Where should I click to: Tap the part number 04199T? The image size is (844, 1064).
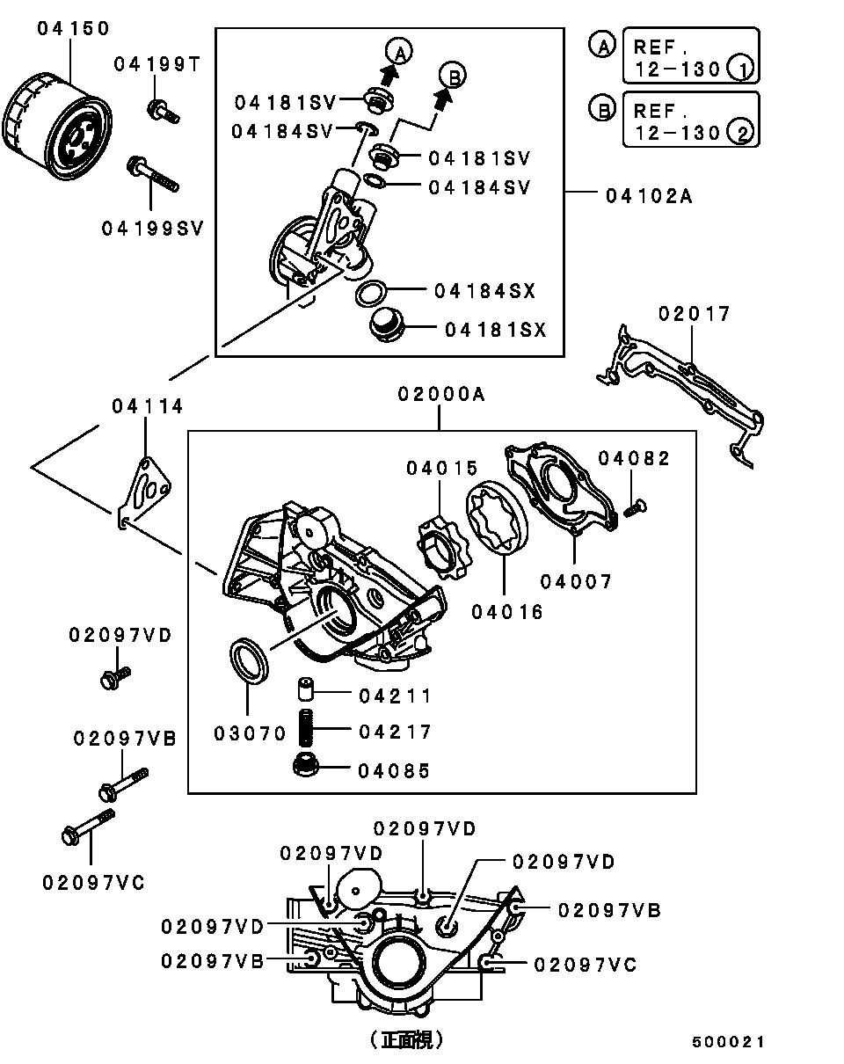[x=157, y=63]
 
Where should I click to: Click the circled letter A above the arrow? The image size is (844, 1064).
[x=399, y=51]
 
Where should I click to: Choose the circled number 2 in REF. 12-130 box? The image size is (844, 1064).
[x=743, y=134]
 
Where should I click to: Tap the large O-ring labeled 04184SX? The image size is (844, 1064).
[x=373, y=293]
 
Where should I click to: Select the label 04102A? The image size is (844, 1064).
[x=649, y=196]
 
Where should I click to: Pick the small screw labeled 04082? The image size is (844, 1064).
[x=634, y=506]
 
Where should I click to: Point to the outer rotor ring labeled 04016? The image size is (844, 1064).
[x=496, y=519]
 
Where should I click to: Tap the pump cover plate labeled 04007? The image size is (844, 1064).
[x=559, y=488]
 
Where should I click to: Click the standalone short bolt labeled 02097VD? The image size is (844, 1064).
[x=113, y=677]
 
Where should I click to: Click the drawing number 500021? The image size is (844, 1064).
[x=728, y=1042]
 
